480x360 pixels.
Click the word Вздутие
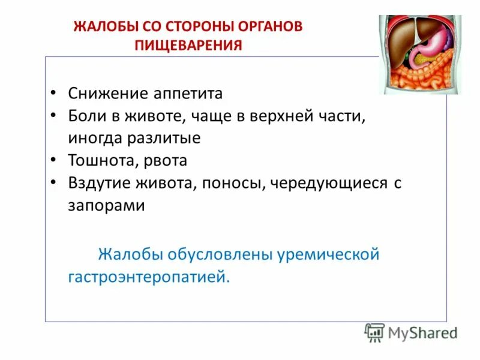[x=97, y=183]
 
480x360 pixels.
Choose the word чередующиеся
[x=328, y=183]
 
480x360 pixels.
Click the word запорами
[x=106, y=205]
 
